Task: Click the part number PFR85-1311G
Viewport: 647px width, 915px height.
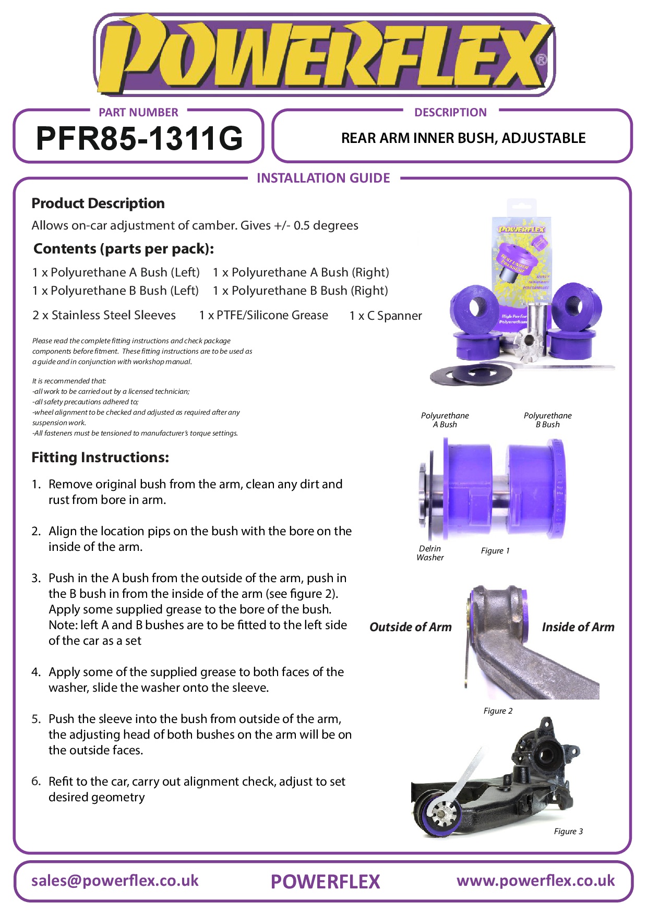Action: point(139,138)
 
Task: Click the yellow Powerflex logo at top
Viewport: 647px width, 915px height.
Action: point(323,55)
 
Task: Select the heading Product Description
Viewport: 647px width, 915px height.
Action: point(98,203)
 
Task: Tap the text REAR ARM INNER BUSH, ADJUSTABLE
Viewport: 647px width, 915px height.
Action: point(463,138)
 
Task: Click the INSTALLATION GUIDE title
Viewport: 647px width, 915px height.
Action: point(323,178)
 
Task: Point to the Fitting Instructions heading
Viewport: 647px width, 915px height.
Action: point(100,457)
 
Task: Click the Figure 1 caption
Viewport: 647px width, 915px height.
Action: point(495,551)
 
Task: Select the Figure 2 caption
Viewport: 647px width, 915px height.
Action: point(498,711)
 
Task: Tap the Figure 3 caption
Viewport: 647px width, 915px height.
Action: point(568,832)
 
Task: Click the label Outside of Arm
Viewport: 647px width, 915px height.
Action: point(410,627)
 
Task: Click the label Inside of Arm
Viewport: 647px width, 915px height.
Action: point(578,627)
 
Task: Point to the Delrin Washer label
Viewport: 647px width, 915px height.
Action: point(430,553)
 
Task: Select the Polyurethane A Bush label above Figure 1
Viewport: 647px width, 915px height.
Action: point(445,420)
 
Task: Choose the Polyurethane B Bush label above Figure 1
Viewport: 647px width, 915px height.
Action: point(547,420)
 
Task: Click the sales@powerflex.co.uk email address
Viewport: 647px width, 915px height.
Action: point(115,881)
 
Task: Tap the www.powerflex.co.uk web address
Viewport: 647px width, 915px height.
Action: point(535,881)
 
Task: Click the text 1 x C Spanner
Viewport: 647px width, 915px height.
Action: point(386,316)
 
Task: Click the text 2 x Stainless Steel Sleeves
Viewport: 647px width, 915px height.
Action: point(104,315)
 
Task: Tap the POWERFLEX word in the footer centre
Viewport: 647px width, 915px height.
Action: point(325,882)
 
